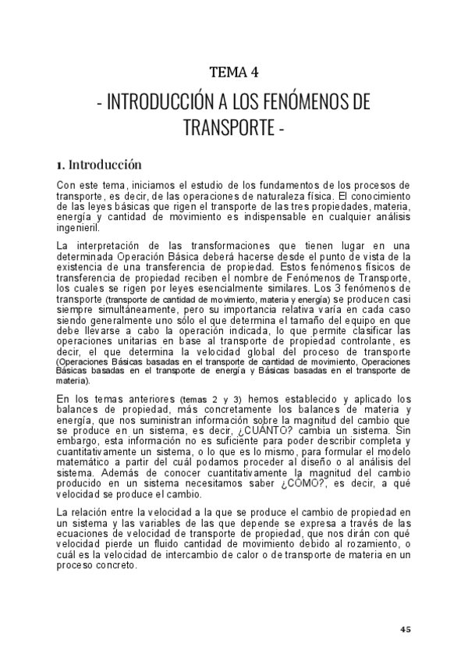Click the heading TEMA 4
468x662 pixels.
[234, 73]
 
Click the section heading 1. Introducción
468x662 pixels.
[99, 165]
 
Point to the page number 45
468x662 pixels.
[405, 629]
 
